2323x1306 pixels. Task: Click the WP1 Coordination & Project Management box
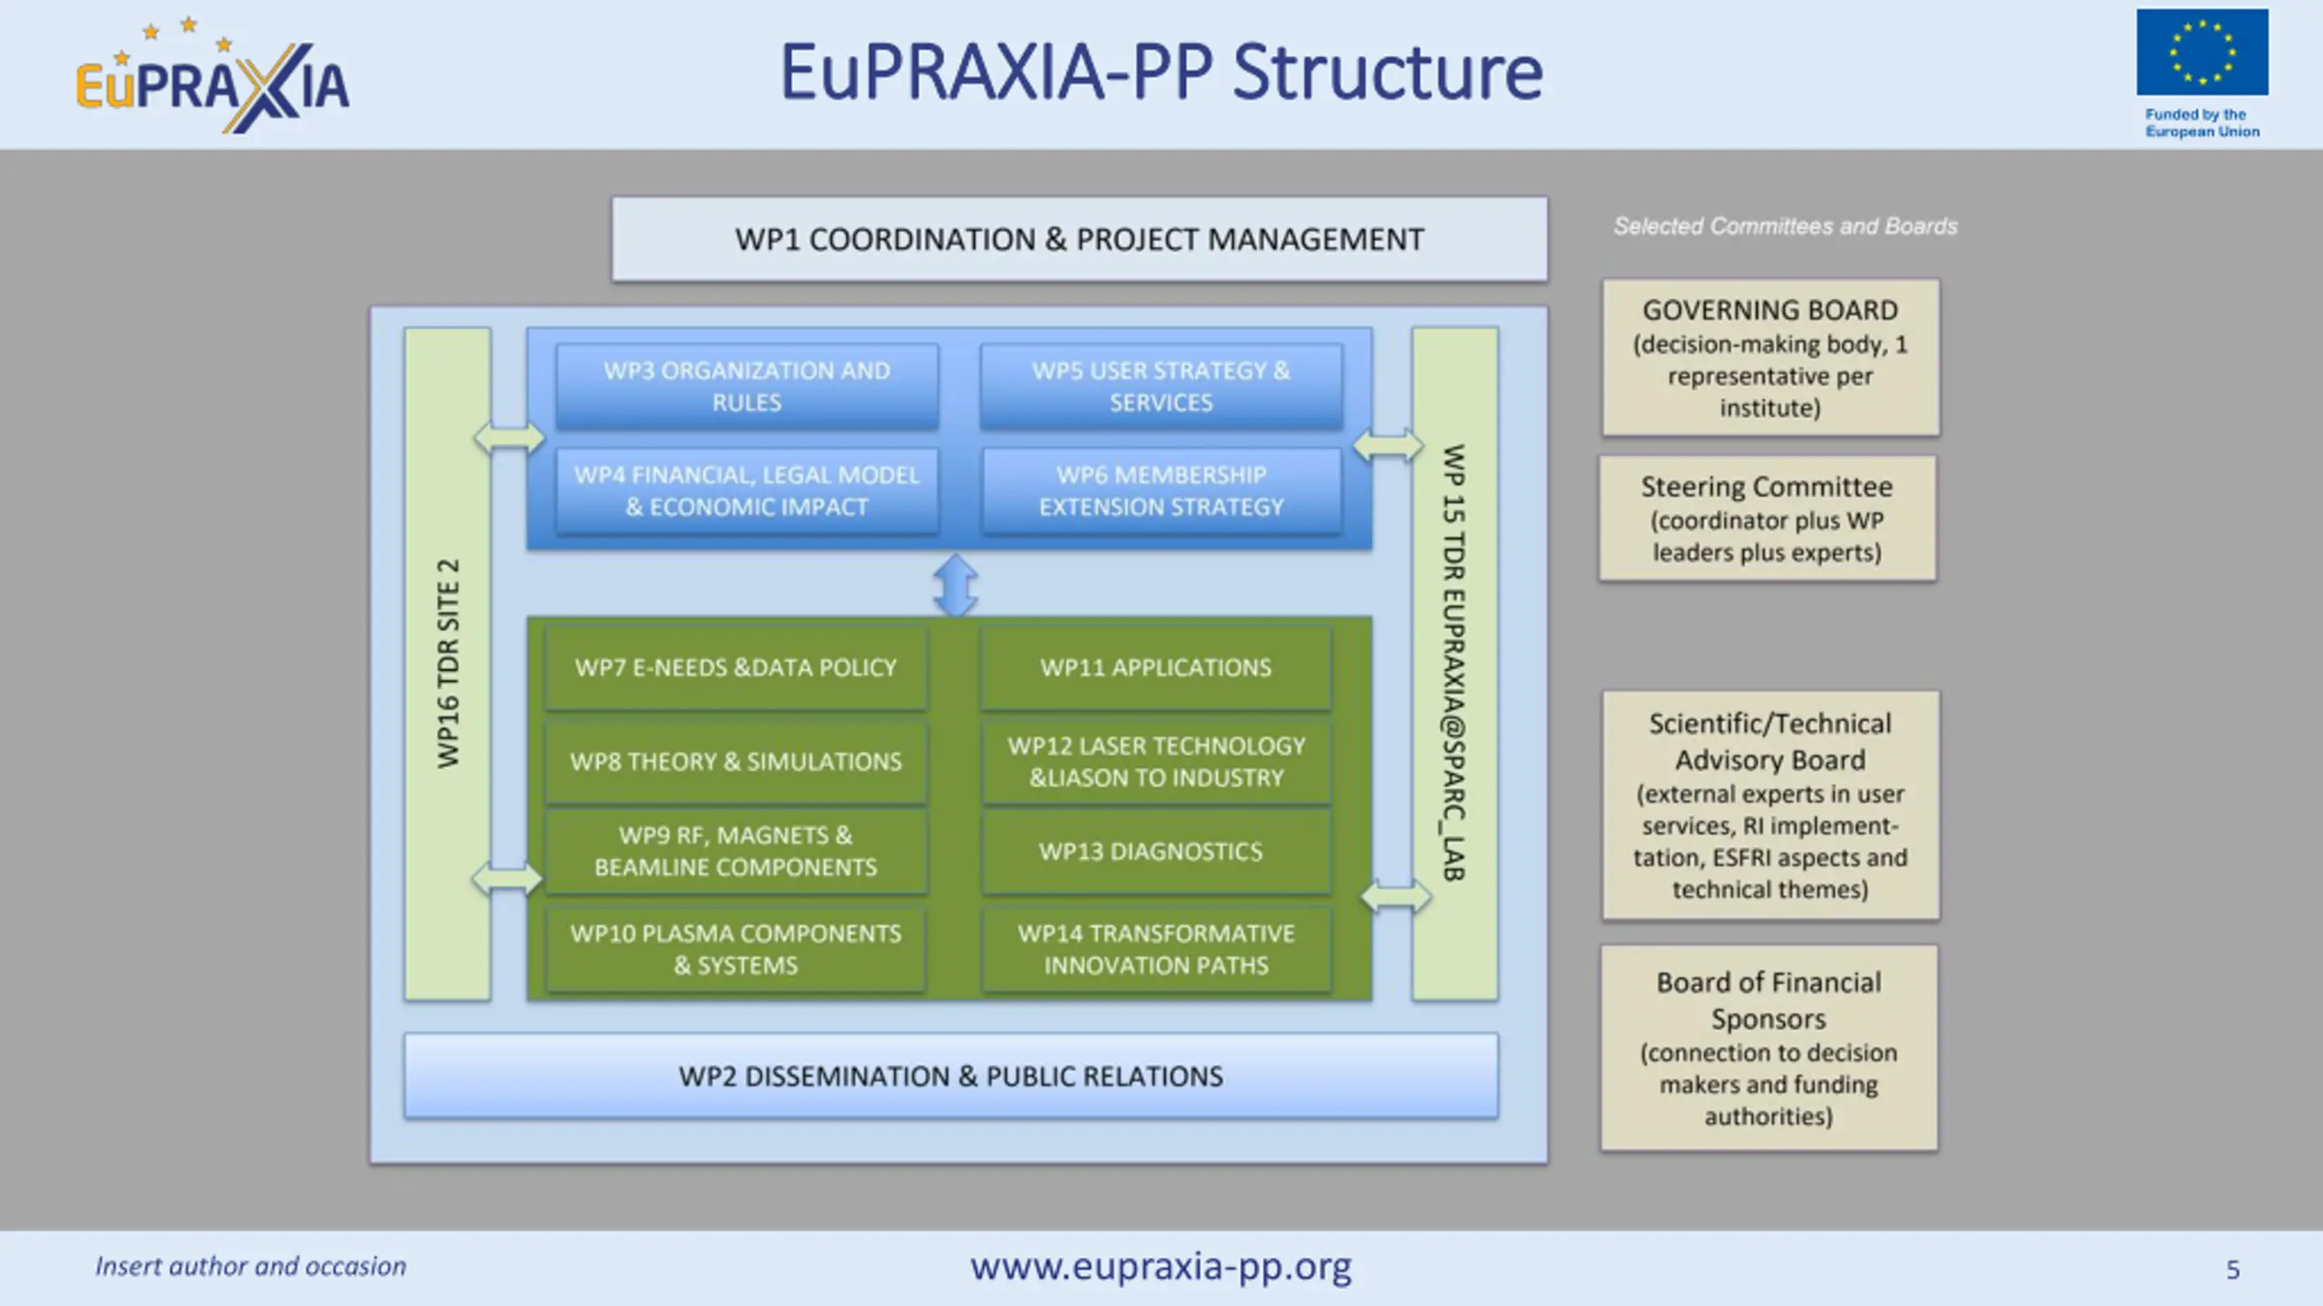pyautogui.click(x=1079, y=239)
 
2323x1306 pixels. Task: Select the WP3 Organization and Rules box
pyautogui.click(x=747, y=386)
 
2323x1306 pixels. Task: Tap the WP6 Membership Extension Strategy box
pyautogui.click(x=1161, y=491)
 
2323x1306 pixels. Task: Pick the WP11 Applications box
pyautogui.click(x=1155, y=668)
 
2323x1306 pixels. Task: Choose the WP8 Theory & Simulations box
pyautogui.click(x=735, y=762)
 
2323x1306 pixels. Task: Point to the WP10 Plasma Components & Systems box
pyautogui.click(x=735, y=950)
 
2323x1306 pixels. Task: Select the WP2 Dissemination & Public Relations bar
pyautogui.click(x=950, y=1077)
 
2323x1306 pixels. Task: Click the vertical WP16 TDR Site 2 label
pyautogui.click(x=448, y=664)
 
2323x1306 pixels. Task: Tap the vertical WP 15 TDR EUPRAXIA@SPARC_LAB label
pyautogui.click(x=1454, y=664)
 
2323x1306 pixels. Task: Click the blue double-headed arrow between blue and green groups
pyautogui.click(x=956, y=585)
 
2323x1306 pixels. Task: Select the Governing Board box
pyautogui.click(x=1769, y=357)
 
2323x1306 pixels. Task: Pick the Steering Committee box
pyautogui.click(x=1766, y=519)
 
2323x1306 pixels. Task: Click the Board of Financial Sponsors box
pyautogui.click(x=1768, y=1048)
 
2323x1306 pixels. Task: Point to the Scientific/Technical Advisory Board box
pyautogui.click(x=1769, y=805)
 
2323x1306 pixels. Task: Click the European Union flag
pyautogui.click(x=2201, y=53)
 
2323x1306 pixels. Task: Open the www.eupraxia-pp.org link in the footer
pyautogui.click(x=1161, y=1266)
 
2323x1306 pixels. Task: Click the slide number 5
pyautogui.click(x=2233, y=1270)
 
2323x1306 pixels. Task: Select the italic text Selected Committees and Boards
pyautogui.click(x=1785, y=227)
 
